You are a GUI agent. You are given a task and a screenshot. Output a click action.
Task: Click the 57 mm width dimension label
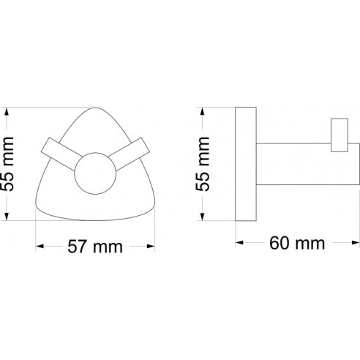(95, 247)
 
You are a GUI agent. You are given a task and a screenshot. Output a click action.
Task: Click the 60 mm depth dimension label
(297, 243)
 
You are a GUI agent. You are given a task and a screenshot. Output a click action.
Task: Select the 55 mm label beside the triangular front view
(7, 164)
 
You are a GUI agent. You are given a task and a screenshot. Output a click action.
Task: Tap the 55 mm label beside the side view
(203, 164)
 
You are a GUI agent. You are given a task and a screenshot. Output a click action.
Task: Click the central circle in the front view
(95, 173)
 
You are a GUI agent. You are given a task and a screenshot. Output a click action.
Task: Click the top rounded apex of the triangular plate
(95, 108)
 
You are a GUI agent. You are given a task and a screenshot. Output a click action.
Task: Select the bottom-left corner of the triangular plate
(37, 207)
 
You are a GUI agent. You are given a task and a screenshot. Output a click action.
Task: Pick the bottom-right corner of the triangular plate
(154, 207)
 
